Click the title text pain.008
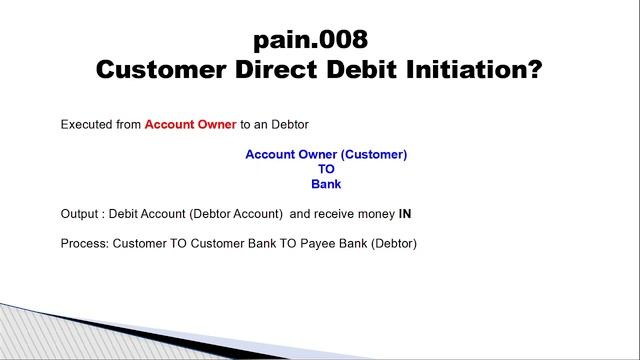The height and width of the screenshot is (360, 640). point(311,40)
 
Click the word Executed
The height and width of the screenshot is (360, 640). point(85,125)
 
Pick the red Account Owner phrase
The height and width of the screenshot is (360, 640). point(191,125)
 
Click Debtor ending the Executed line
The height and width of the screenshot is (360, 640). point(287,125)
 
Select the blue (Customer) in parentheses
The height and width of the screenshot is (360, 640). point(371,155)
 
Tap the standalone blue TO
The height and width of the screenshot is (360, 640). point(326,169)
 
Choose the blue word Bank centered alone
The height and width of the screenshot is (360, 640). point(326,184)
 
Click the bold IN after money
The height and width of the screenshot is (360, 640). point(405,213)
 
